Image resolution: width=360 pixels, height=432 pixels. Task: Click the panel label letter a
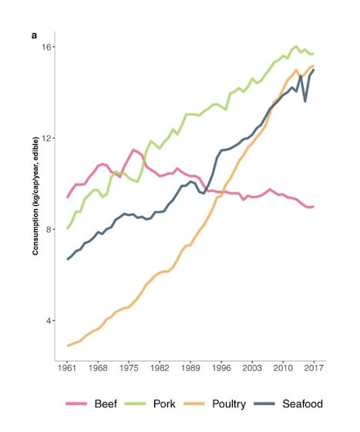click(35, 35)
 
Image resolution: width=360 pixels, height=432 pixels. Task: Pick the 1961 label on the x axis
click(68, 368)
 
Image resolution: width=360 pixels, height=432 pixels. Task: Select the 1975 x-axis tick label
click(130, 368)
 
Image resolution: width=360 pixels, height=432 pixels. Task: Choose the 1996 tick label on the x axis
click(221, 368)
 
